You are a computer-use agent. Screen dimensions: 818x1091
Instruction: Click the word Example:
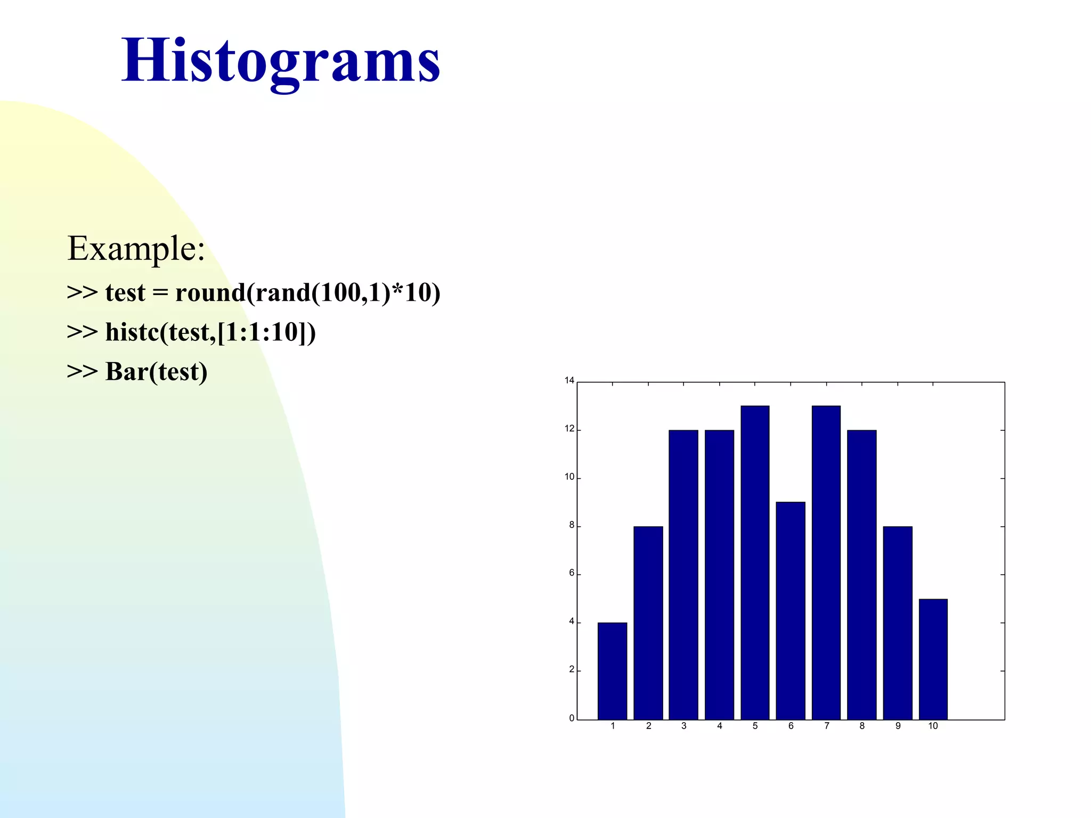[136, 248]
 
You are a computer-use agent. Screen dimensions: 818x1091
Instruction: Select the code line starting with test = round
[254, 292]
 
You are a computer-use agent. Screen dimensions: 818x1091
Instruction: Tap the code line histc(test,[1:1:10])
[191, 332]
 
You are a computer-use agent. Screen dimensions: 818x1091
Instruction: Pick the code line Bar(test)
[137, 371]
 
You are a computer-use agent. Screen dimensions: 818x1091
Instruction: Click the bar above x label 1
[612, 671]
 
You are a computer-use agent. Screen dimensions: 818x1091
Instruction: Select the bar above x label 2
[648, 623]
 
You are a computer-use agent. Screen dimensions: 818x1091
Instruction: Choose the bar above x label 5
[755, 562]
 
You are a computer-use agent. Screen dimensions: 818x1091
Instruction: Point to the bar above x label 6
[791, 610]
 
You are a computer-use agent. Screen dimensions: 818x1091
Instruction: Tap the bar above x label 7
[826, 562]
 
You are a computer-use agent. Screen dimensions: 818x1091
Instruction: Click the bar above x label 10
[933, 659]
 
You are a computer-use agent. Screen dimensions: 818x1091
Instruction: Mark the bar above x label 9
[898, 623]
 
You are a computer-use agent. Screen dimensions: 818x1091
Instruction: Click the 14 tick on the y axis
[569, 380]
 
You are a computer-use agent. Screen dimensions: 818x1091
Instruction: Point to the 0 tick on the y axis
[572, 718]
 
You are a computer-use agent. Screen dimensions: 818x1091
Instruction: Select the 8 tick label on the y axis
[572, 525]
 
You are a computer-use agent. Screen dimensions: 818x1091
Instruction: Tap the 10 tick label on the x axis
[933, 726]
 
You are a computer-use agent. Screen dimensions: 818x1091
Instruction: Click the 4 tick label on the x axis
[719, 726]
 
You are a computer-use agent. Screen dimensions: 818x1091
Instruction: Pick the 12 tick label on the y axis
[569, 429]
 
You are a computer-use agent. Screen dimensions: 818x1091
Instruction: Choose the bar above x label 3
[683, 575]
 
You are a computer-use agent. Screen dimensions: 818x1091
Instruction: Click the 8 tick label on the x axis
[862, 726]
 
